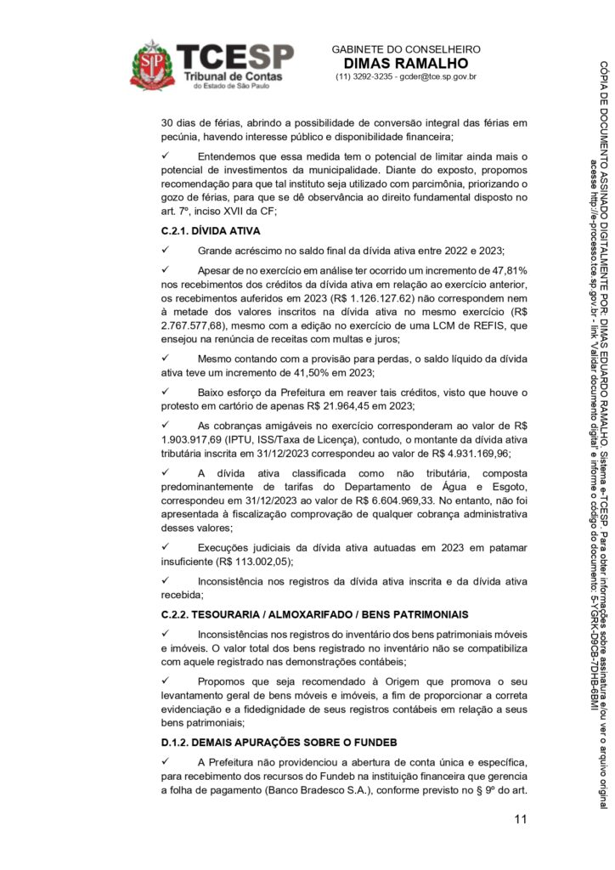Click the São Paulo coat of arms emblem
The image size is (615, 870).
[152, 65]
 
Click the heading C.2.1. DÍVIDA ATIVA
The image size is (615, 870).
[210, 230]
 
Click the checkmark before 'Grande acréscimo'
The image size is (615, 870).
[166, 251]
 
